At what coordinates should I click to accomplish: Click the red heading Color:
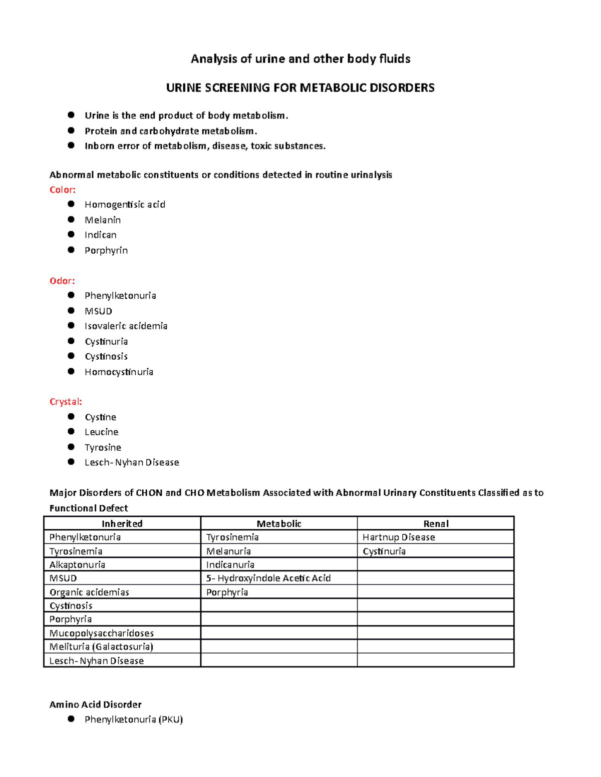click(x=63, y=190)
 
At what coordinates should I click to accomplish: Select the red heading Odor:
click(x=62, y=281)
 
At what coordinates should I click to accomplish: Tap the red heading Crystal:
click(x=66, y=402)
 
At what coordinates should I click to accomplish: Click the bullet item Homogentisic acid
click(x=125, y=205)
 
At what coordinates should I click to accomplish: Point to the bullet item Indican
click(x=100, y=235)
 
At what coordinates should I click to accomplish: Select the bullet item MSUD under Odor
click(x=98, y=311)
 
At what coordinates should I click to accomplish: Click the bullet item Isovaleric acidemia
click(x=126, y=326)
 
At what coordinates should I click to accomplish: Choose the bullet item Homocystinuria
click(x=119, y=372)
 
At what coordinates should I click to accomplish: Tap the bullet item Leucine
click(x=101, y=432)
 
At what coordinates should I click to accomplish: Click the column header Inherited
click(x=122, y=524)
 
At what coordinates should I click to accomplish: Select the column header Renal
click(x=436, y=524)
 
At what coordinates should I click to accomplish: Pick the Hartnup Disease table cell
click(x=399, y=537)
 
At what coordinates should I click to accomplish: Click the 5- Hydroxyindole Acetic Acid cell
click(x=268, y=578)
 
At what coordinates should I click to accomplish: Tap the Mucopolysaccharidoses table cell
click(x=102, y=633)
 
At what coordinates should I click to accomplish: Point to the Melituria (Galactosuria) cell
click(x=101, y=647)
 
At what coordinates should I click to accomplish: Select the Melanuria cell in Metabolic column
click(x=228, y=551)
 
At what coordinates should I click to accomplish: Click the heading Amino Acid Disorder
click(x=95, y=704)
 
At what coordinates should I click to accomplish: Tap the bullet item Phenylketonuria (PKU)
click(x=133, y=719)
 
